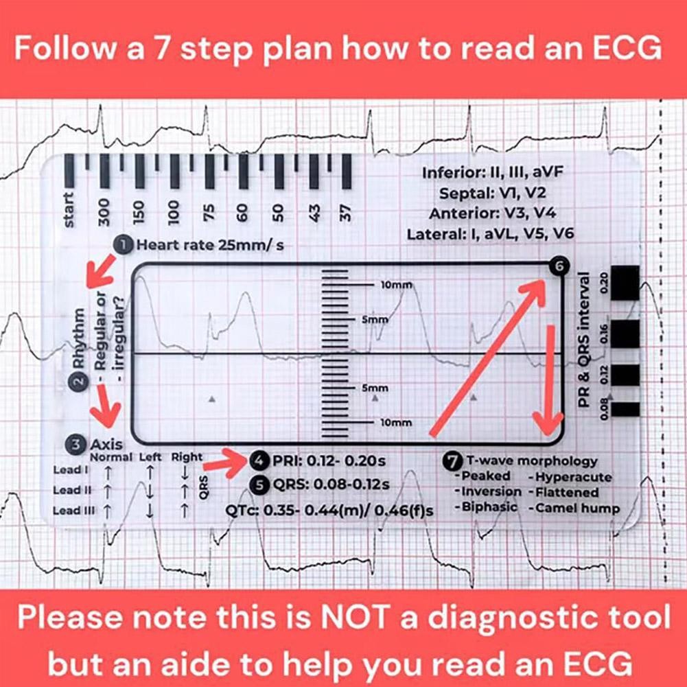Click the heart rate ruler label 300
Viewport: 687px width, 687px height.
pos(104,212)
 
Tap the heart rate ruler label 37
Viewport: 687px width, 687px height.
pos(347,212)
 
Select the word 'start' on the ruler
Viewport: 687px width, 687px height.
pos(69,209)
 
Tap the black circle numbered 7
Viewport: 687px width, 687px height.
pos(454,461)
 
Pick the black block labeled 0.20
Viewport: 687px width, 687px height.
pos(625,282)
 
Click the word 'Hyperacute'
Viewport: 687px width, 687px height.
pos(573,476)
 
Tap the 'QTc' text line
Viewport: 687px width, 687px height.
pos(330,510)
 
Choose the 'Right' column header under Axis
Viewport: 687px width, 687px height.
pos(187,457)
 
